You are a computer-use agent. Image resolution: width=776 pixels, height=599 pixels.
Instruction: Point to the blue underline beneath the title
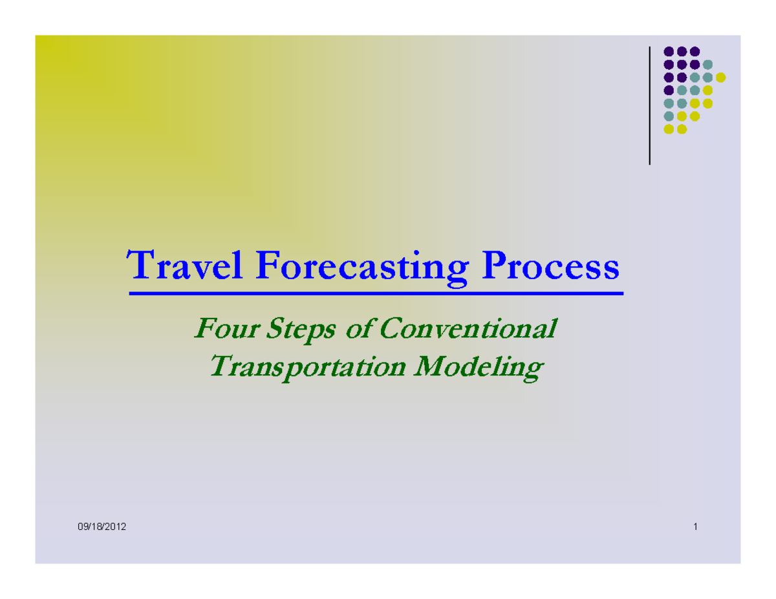click(x=376, y=294)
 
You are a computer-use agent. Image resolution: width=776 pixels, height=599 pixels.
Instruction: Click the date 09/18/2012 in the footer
click(x=102, y=527)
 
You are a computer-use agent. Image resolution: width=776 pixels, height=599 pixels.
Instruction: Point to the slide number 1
click(x=695, y=527)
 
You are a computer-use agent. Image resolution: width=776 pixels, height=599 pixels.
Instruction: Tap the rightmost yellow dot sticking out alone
click(x=721, y=78)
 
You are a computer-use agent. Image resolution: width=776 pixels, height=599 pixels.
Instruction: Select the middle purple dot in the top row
click(x=682, y=52)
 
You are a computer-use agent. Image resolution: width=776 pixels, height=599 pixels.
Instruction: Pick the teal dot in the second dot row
click(x=707, y=65)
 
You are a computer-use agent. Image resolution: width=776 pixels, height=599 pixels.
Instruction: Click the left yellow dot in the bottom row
click(x=669, y=129)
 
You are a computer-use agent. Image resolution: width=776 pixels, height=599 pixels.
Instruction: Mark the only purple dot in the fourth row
click(x=669, y=90)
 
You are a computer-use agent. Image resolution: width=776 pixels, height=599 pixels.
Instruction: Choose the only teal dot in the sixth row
click(x=669, y=116)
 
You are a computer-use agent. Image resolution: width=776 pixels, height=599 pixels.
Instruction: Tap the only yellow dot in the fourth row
click(x=707, y=90)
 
